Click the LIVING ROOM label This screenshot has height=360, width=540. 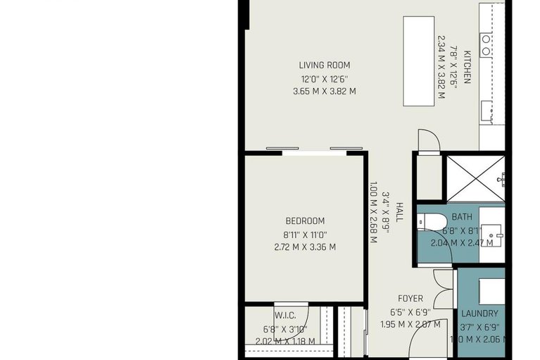click(324, 66)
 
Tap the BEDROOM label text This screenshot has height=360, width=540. click(305, 221)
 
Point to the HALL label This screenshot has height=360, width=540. click(398, 213)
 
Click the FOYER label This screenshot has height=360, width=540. click(410, 298)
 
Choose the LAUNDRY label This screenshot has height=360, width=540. click(479, 314)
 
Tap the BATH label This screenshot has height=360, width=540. click(462, 217)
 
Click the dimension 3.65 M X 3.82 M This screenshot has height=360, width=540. click(324, 91)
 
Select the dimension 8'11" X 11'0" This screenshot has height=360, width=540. click(304, 235)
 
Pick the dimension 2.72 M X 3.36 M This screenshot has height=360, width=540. click(304, 247)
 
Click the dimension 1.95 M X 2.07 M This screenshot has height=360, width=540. click(410, 324)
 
